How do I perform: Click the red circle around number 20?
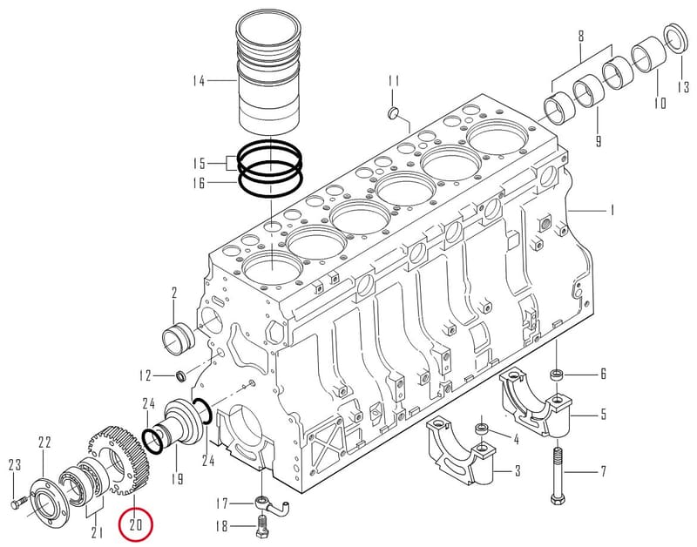point(119,524)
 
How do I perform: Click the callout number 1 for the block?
point(612,210)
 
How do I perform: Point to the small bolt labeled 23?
point(17,505)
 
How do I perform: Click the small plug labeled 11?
point(394,113)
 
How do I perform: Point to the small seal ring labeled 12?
point(182,375)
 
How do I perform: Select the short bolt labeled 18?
point(262,526)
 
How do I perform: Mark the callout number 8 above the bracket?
point(581,36)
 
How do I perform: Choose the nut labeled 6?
point(556,375)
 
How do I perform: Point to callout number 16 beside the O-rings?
point(200,183)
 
